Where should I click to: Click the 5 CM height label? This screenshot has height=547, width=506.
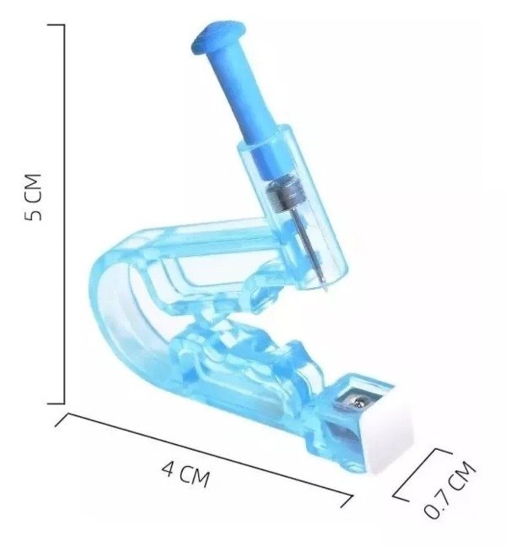(33, 197)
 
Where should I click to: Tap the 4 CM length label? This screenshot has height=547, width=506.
(186, 474)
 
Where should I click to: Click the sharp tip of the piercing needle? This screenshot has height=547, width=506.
(326, 291)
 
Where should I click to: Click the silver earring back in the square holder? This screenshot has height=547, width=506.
(359, 403)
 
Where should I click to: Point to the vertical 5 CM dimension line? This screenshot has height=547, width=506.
(64, 214)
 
